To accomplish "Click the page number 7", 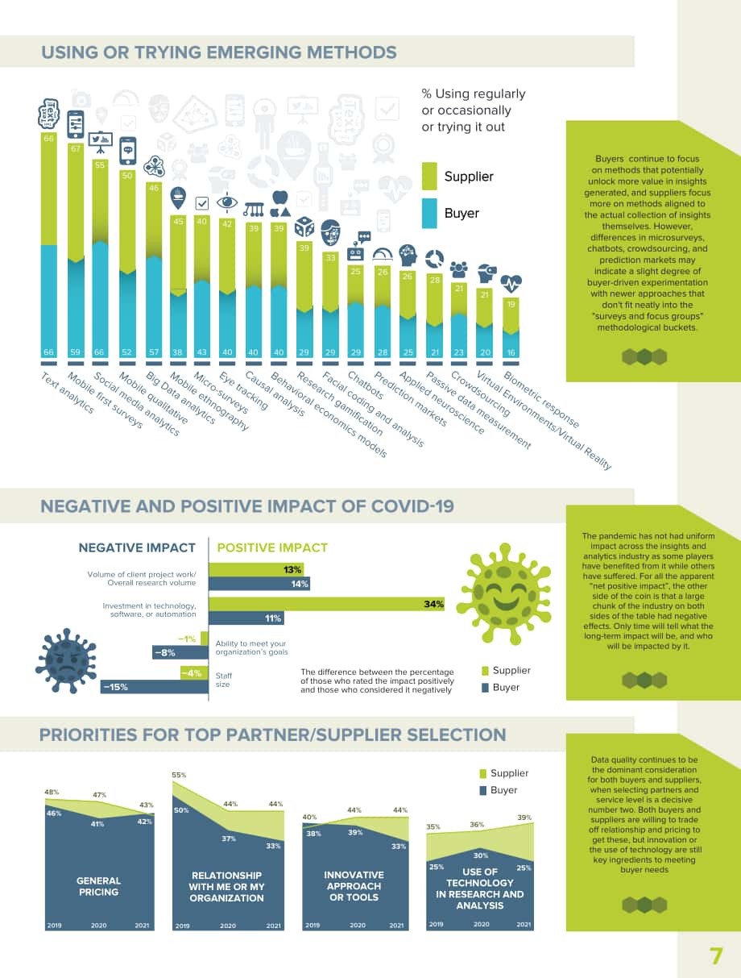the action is click(x=716, y=956).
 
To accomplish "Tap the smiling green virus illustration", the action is click(x=503, y=593).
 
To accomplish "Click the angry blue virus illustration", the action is click(x=66, y=661).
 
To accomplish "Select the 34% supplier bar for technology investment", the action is click(x=326, y=604).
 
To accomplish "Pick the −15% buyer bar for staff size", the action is click(x=155, y=687).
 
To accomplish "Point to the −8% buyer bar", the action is click(x=180, y=652).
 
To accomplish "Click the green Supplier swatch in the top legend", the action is click(x=429, y=177).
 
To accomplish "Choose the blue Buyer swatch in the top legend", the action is click(x=429, y=214).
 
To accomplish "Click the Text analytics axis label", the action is click(x=68, y=393).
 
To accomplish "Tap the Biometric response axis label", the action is click(x=541, y=400).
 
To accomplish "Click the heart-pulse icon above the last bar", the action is click(x=511, y=283).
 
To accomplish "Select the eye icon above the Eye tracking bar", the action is click(x=227, y=202).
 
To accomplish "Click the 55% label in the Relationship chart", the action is click(x=179, y=775).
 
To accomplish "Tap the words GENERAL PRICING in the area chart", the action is click(x=99, y=886).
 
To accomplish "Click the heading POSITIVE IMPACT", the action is click(x=272, y=547).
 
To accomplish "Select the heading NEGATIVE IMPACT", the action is click(x=137, y=547).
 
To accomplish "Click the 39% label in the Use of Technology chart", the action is click(x=524, y=818).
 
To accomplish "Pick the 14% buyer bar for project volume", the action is click(x=259, y=584).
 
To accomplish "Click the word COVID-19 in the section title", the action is click(x=412, y=506).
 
